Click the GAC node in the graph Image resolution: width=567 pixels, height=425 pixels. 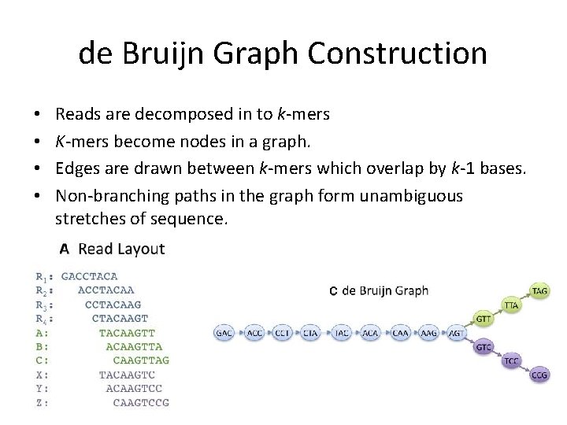(x=224, y=333)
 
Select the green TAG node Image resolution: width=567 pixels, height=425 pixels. (x=539, y=290)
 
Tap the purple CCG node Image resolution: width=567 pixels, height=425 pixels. (x=539, y=375)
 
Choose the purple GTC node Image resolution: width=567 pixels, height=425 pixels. (x=484, y=347)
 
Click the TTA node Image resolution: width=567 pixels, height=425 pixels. (x=512, y=305)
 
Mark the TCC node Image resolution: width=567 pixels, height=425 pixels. (x=512, y=361)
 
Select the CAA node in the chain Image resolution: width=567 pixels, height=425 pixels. (x=400, y=333)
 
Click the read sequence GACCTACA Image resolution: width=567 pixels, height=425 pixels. (x=89, y=276)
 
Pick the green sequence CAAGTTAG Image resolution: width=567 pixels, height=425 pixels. (x=135, y=360)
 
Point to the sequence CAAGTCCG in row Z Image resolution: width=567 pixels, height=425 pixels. (x=141, y=403)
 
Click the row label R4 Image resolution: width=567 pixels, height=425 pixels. (x=44, y=319)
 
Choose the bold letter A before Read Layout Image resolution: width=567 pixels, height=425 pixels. (x=65, y=249)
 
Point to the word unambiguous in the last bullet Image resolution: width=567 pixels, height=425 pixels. (x=411, y=194)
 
